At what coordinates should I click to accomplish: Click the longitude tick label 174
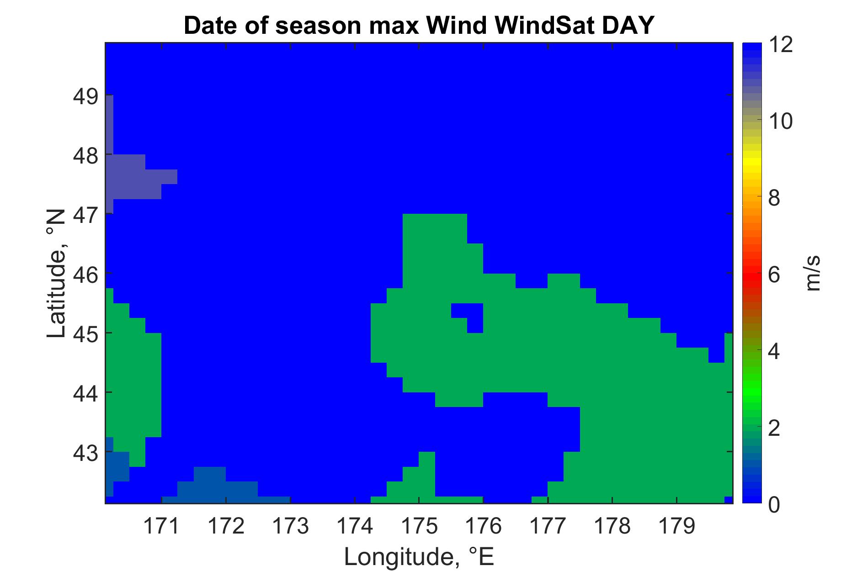click(355, 527)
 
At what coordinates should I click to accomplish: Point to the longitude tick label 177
click(548, 527)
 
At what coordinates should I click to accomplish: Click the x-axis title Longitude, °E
click(419, 556)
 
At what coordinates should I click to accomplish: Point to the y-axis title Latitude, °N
click(57, 274)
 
